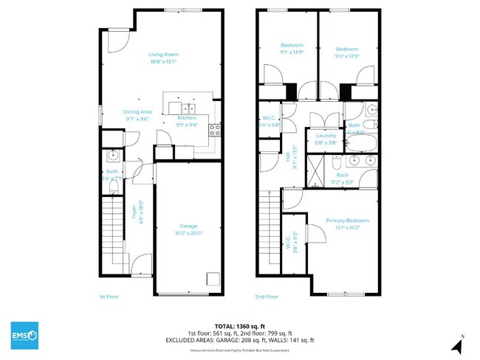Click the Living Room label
(164, 55)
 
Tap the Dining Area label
(137, 111)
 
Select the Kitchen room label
(187, 118)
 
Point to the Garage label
(188, 226)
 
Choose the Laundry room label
(326, 136)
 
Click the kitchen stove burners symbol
(215, 129)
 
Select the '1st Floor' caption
(109, 296)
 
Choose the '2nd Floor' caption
(267, 296)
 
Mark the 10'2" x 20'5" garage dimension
(188, 233)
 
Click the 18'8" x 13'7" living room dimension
(164, 62)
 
